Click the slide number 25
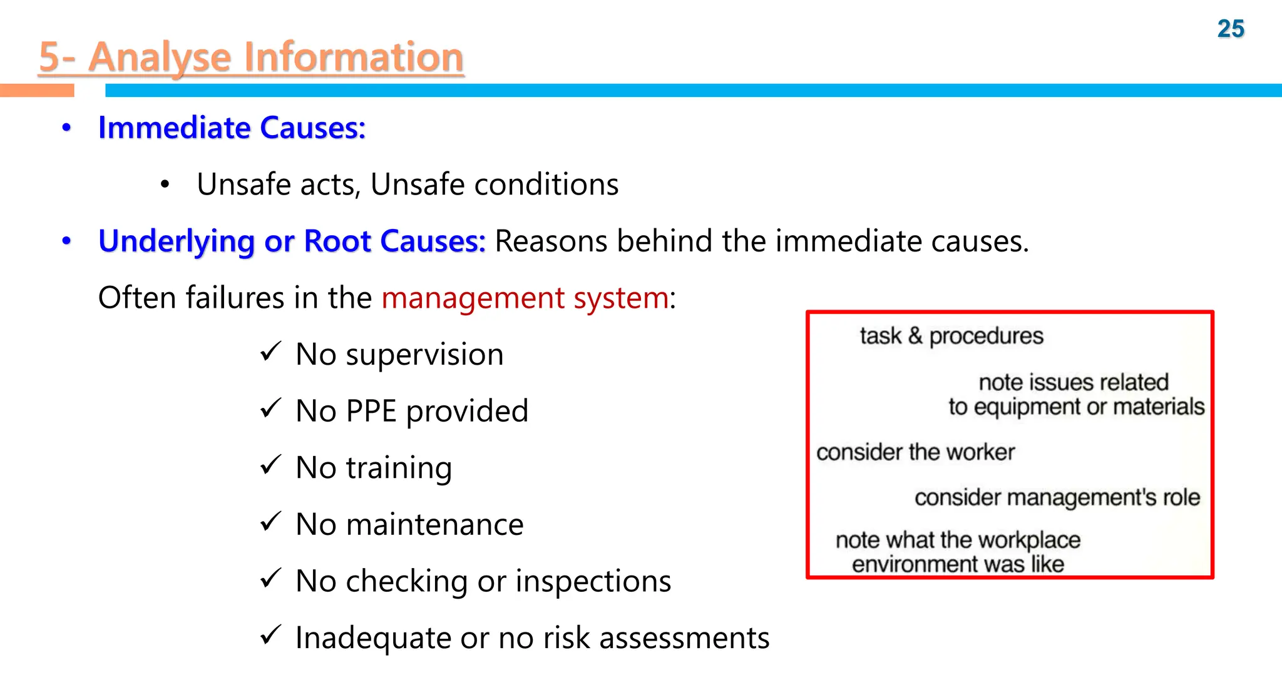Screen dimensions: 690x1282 [x=1230, y=29]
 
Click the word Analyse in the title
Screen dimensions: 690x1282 [x=159, y=57]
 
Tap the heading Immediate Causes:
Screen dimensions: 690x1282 [x=232, y=128]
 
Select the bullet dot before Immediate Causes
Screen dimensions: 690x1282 [x=67, y=128]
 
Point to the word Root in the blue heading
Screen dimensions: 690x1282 [x=337, y=241]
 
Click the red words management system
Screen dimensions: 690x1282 [x=525, y=298]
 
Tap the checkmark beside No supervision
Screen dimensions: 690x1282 [x=270, y=352]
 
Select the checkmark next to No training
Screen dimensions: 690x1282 [x=270, y=465]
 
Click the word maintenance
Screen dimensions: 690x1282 [x=434, y=524]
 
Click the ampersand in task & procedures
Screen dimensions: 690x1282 [x=915, y=336]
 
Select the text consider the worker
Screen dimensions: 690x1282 [x=915, y=452]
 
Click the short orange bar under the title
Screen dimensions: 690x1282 [x=37, y=91]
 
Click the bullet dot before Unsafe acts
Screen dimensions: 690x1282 [x=165, y=185]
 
